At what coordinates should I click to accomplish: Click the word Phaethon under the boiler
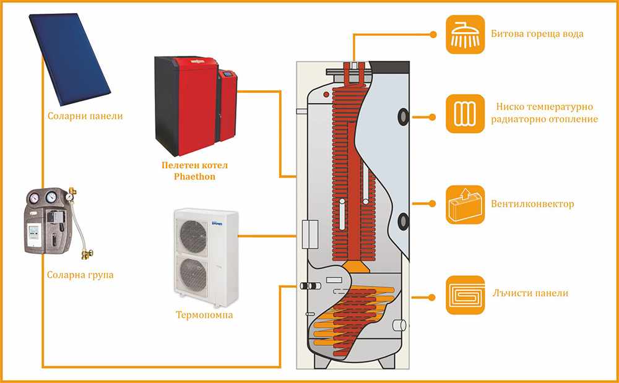tap(194, 176)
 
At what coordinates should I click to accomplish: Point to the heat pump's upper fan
tap(194, 231)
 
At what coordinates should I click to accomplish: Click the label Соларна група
tap(80, 273)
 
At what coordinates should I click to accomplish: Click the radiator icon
tap(465, 114)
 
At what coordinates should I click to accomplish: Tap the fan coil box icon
tap(465, 204)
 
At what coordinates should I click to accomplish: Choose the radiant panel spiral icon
tap(465, 293)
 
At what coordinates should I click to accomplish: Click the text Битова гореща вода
tap(537, 33)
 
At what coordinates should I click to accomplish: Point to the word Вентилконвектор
tap(533, 204)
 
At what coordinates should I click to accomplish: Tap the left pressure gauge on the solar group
tap(33, 199)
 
